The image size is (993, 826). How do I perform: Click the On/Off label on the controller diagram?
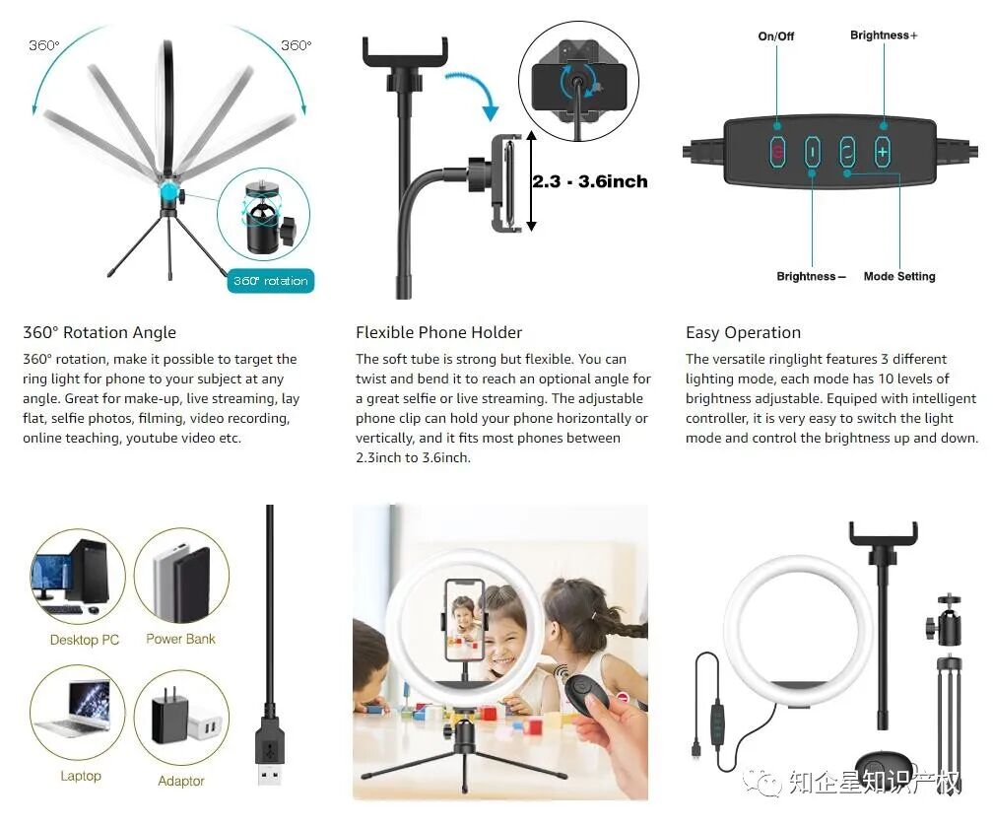point(776,36)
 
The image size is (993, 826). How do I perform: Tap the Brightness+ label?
point(884,35)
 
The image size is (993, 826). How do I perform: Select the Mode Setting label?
point(899,276)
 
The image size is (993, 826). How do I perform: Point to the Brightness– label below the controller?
point(812,276)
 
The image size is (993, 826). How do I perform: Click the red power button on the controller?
point(777,151)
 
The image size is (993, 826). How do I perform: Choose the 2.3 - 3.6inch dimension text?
point(590,181)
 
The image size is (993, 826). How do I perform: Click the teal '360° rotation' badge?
point(270,281)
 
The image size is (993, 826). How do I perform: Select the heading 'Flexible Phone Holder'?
point(439,332)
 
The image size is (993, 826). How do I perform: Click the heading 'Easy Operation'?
point(743,332)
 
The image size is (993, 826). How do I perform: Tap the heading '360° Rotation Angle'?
point(99,332)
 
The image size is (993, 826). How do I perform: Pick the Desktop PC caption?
point(85,640)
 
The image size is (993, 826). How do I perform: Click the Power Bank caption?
point(180,639)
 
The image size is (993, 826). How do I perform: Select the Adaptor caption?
point(181,781)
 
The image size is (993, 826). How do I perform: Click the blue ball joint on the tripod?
point(169,192)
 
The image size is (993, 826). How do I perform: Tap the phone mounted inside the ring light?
point(464,619)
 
